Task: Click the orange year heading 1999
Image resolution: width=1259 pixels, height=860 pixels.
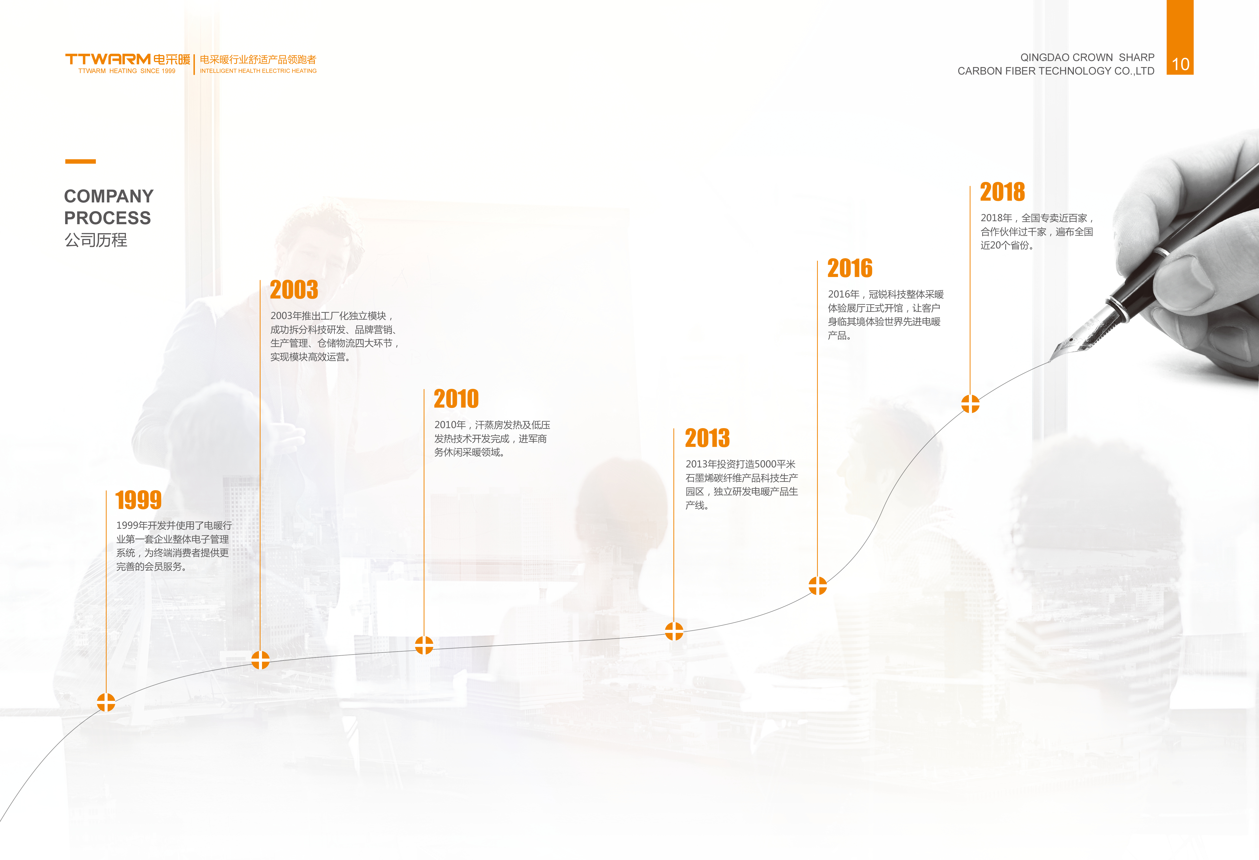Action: coord(139,500)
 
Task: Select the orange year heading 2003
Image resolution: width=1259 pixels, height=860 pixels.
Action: coord(294,290)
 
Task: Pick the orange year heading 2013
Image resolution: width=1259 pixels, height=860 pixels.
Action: coord(707,438)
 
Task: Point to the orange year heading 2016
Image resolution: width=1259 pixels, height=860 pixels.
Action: coord(850,268)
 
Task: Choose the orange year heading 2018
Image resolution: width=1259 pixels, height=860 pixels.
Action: coord(1003,192)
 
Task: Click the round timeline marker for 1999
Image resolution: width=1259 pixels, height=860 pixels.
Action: coord(106,702)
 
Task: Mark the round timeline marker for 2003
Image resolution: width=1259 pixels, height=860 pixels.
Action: coord(261,660)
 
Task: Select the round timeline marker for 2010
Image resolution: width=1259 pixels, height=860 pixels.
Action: coord(424,645)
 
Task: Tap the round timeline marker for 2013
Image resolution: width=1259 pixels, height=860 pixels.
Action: coord(674,631)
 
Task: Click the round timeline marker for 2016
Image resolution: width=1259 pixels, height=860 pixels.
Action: coord(818,586)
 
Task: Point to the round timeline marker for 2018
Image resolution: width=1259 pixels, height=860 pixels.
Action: coord(970,403)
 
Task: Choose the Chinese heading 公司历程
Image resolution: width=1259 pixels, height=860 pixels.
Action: coord(96,240)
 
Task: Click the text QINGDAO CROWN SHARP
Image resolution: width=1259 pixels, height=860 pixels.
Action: coord(1087,57)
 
